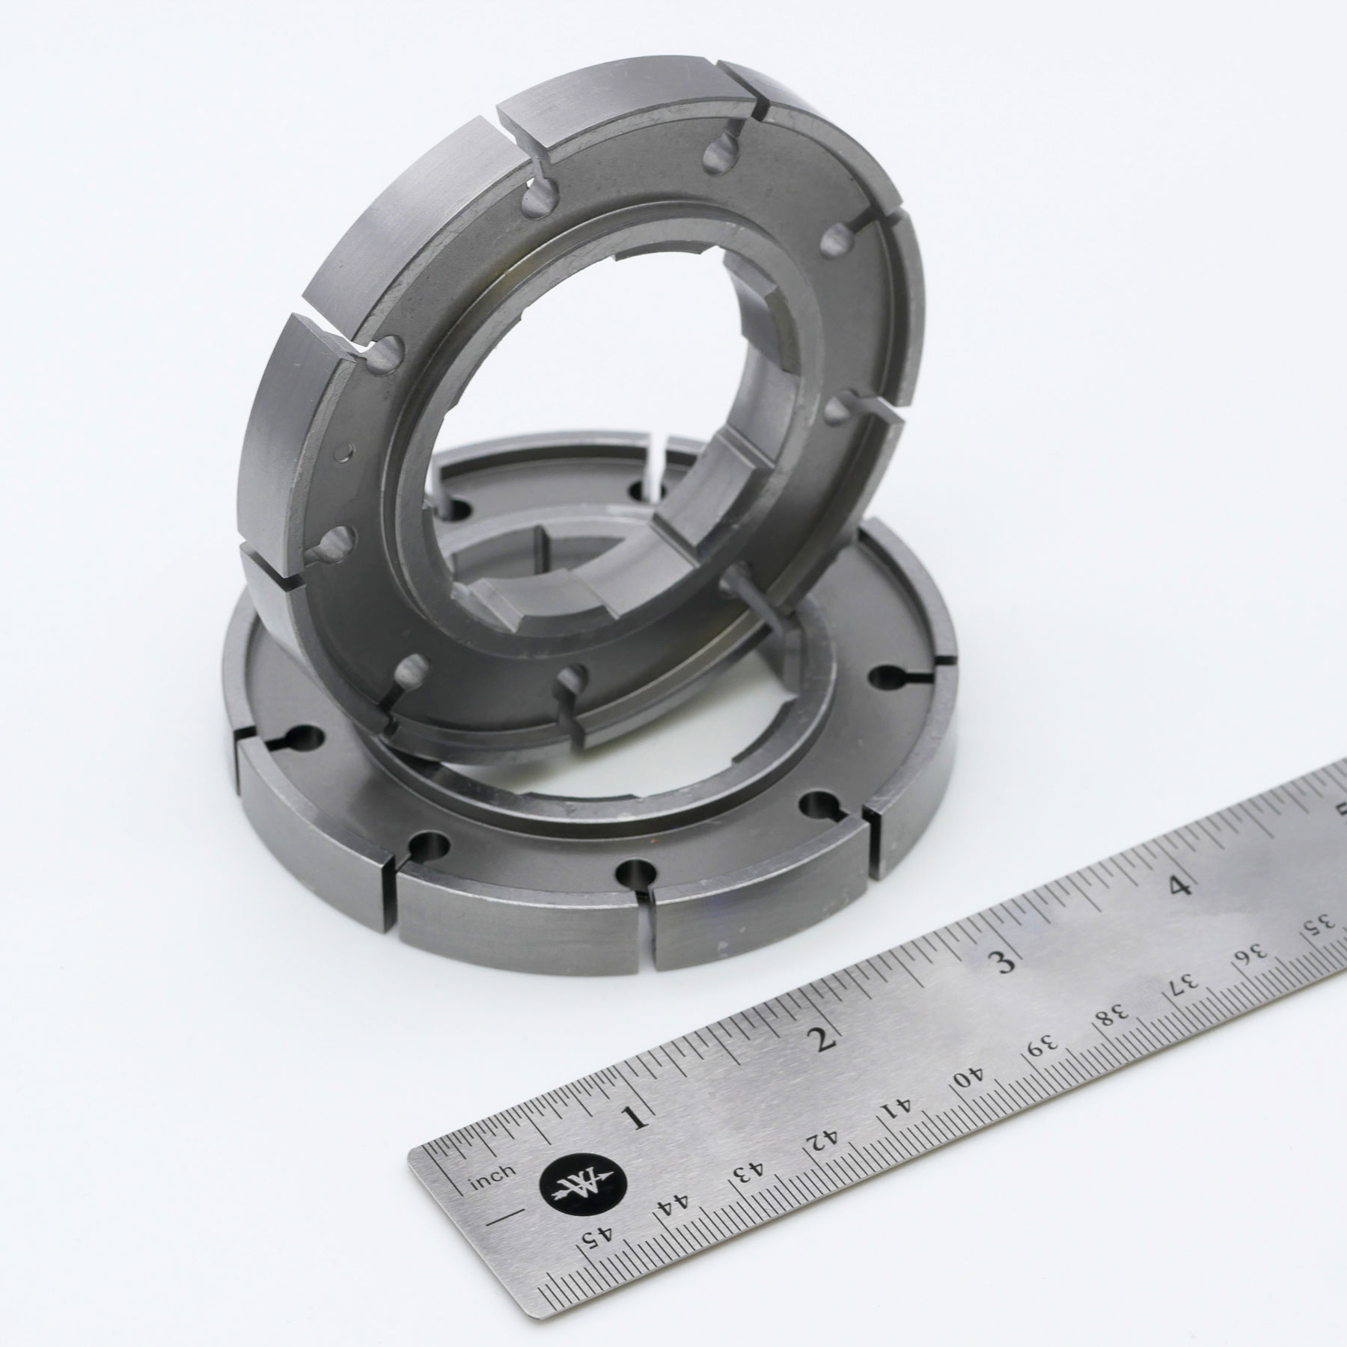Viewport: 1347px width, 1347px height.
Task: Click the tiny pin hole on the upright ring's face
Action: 343,452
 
